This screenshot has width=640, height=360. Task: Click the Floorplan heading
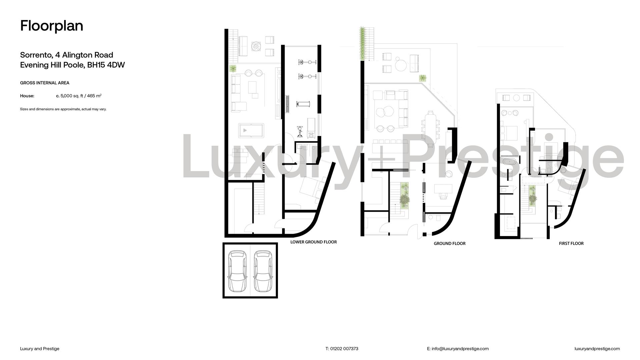tap(52, 26)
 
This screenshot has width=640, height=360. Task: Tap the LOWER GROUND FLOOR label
tap(313, 242)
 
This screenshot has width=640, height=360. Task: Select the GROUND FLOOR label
tap(449, 243)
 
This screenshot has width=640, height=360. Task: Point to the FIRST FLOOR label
tap(571, 243)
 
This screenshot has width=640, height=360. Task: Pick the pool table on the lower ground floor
tap(251, 131)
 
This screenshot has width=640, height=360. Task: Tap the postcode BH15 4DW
tap(106, 65)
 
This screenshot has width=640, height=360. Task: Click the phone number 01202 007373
tap(344, 349)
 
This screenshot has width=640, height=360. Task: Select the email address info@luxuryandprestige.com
tap(460, 349)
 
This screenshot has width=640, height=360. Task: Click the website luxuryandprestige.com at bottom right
tap(597, 349)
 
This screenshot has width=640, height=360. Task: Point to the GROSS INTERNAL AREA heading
tap(45, 83)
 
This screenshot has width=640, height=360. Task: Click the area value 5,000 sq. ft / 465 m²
tap(81, 96)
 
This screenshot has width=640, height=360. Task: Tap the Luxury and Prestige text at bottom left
tap(40, 349)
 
